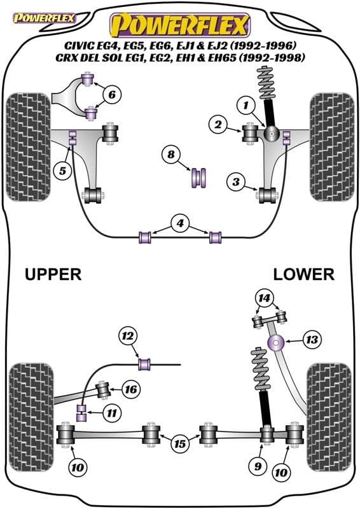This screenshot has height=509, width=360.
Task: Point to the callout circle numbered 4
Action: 181,223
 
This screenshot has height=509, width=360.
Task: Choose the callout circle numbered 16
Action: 130,389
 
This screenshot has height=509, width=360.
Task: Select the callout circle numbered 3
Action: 236,183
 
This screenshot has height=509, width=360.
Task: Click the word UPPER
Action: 53,274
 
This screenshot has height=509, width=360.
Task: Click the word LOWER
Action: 303,274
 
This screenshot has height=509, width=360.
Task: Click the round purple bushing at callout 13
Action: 277,344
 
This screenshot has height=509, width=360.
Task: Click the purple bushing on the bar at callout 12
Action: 145,364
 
